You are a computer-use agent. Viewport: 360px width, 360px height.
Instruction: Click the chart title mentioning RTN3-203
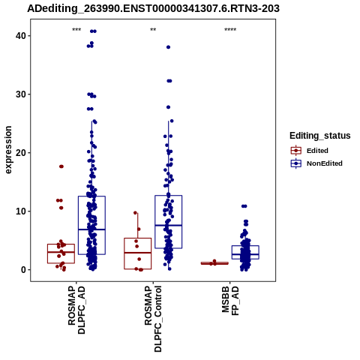[x=153, y=8]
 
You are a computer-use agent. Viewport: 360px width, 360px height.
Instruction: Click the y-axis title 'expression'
[x=8, y=150]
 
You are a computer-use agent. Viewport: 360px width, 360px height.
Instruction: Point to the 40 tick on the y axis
[x=21, y=36]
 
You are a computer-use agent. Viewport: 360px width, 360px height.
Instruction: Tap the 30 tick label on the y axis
[x=21, y=94]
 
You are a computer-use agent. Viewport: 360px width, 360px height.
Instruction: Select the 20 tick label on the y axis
[x=21, y=153]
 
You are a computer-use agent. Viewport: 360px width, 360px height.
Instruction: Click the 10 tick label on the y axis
[x=21, y=211]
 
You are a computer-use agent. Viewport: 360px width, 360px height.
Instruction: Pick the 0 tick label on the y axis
[x=24, y=270]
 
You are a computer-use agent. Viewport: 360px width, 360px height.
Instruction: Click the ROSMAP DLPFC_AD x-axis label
[x=76, y=310]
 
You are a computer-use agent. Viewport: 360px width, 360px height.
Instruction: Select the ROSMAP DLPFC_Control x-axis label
[x=153, y=319]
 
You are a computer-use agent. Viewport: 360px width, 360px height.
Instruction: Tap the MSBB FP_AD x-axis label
[x=230, y=301]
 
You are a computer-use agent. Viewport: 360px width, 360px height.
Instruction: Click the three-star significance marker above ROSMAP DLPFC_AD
[x=76, y=30]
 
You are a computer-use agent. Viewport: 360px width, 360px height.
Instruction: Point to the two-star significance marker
[x=153, y=30]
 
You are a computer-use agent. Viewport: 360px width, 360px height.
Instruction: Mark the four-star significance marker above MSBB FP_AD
[x=230, y=30]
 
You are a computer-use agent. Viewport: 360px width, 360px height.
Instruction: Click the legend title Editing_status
[x=320, y=136]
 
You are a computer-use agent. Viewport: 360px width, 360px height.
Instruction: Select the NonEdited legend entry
[x=316, y=163]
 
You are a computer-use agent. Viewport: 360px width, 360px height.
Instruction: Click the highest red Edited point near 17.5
[x=61, y=166]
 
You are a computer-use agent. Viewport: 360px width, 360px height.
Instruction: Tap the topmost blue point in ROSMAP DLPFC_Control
[x=168, y=47]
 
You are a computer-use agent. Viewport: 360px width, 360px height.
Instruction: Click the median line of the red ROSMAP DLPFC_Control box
[x=138, y=253]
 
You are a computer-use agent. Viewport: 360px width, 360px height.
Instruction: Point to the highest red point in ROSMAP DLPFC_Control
[x=135, y=213]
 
